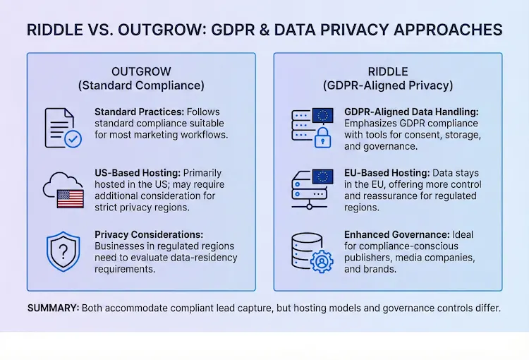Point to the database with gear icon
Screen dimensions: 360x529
pyautogui.click(x=310, y=253)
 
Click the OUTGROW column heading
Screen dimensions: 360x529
pyautogui.click(x=141, y=71)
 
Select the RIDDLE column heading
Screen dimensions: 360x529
pyautogui.click(x=388, y=71)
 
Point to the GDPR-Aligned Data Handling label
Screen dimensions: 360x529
pyautogui.click(x=411, y=112)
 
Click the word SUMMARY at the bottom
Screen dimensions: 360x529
pyautogui.click(x=53, y=308)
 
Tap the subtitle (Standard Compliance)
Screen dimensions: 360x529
pyautogui.click(x=141, y=86)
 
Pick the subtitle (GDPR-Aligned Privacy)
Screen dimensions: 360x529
pyautogui.click(x=388, y=86)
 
